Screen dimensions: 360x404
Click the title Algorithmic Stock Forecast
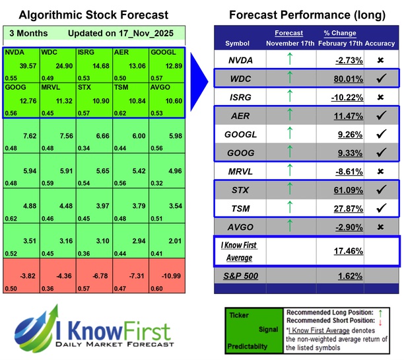coord(93,15)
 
